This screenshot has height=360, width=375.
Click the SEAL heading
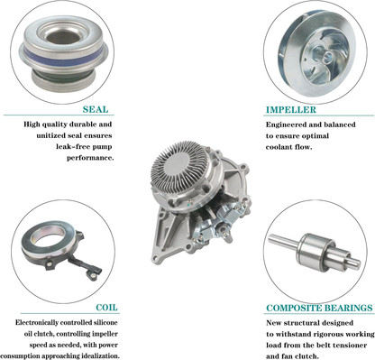[96, 109]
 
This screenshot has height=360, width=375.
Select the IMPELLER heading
[291, 110]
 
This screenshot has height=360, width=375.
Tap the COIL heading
[106, 308]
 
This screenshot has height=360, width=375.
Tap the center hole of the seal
[63, 37]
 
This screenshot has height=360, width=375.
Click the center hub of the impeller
[324, 55]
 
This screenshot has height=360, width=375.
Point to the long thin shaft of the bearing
[283, 241]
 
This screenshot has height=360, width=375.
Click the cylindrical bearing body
[316, 251]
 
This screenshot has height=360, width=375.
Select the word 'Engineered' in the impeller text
[284, 125]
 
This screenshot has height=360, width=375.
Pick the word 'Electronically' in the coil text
[37, 323]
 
